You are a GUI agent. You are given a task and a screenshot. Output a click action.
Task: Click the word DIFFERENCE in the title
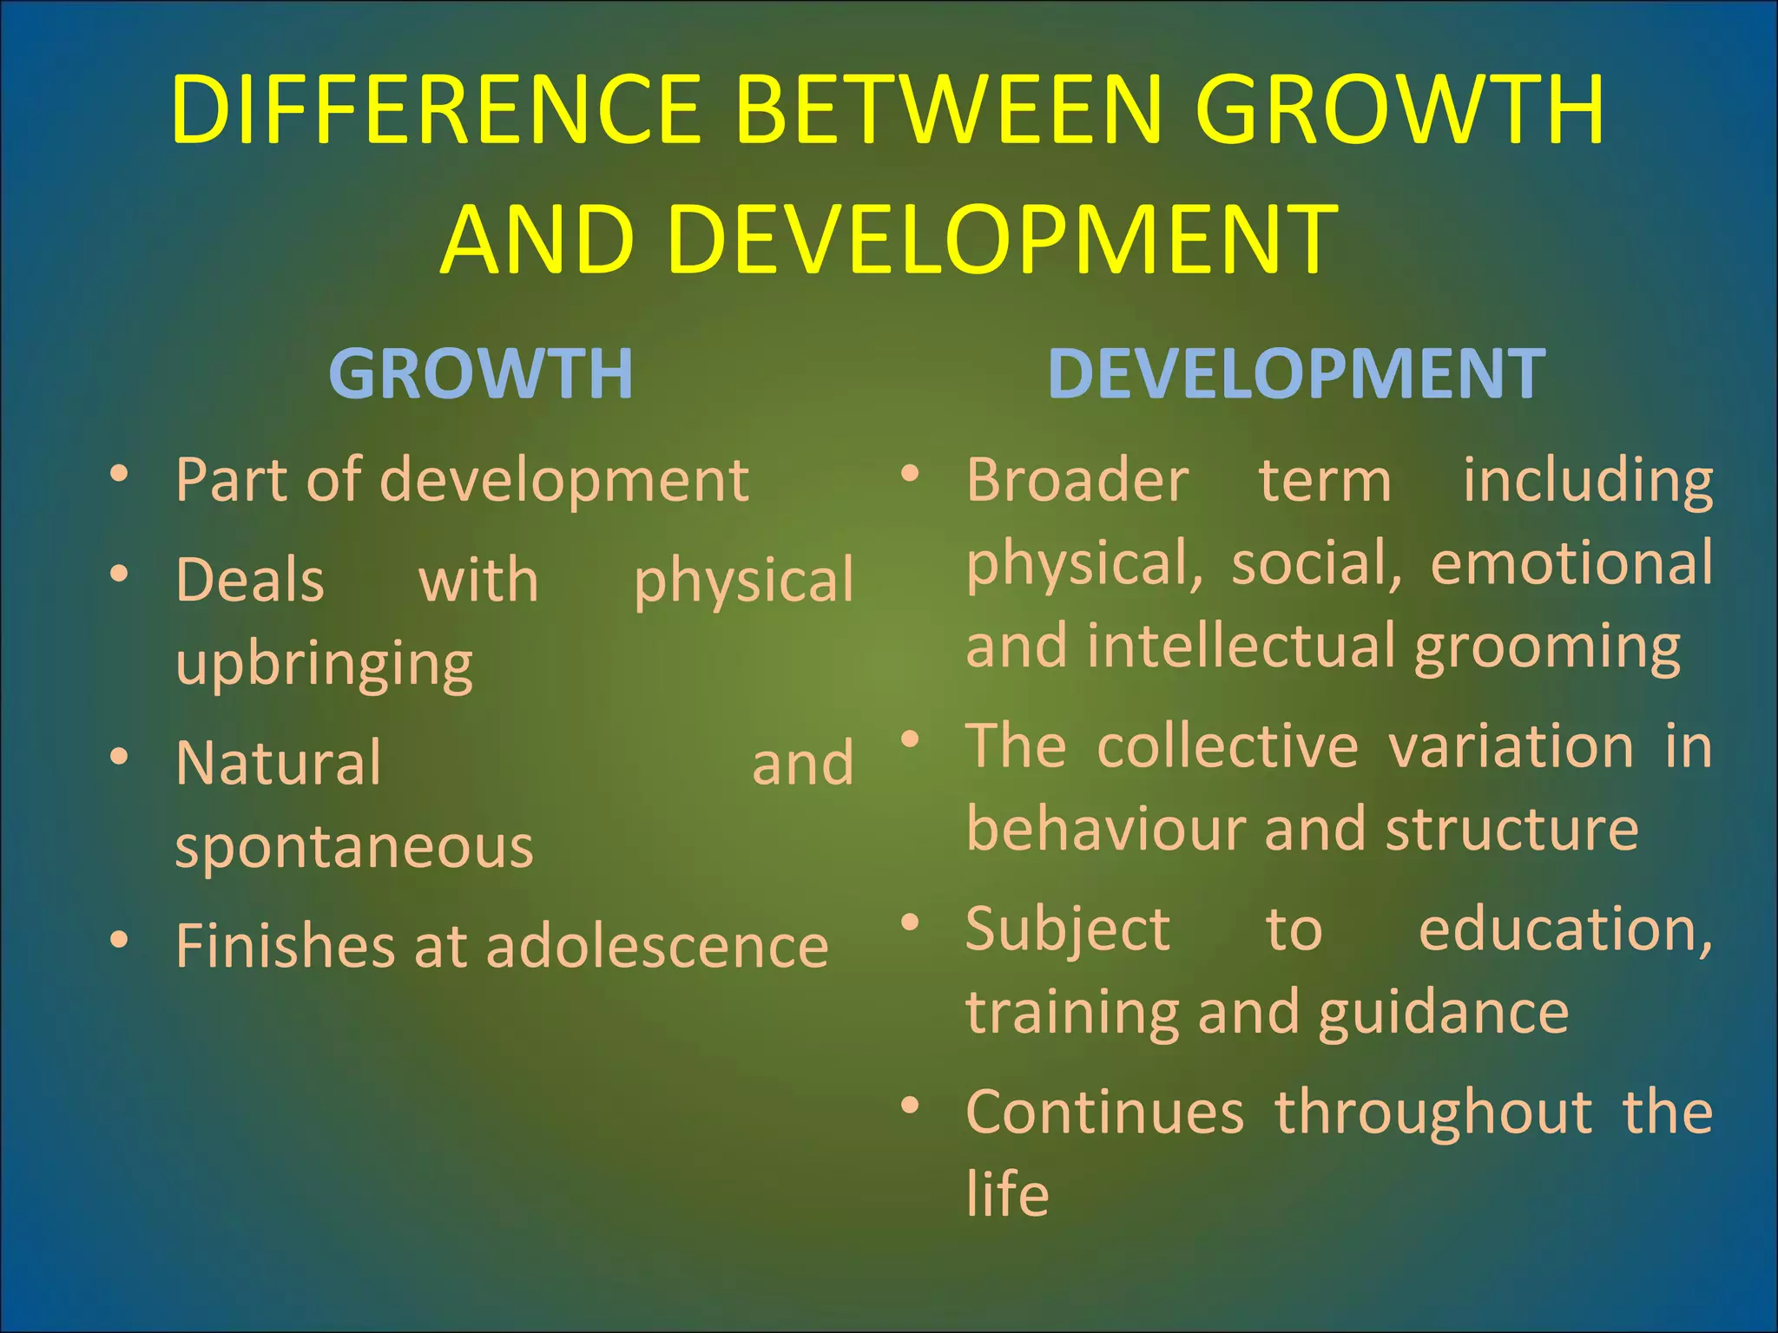[x=437, y=110]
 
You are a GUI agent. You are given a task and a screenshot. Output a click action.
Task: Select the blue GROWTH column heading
[x=481, y=374]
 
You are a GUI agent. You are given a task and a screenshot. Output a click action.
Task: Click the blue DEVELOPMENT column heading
[x=1296, y=374]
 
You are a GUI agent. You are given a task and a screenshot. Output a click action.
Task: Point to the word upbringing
[x=324, y=665]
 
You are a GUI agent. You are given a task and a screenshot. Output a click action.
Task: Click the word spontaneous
[x=354, y=847]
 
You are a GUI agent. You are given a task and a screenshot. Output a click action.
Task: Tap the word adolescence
[x=657, y=945]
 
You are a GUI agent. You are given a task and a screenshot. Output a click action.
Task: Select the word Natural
[x=278, y=763]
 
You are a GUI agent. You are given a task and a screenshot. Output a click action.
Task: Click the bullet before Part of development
[x=119, y=475]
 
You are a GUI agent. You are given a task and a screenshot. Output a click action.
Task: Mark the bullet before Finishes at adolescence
[x=119, y=940]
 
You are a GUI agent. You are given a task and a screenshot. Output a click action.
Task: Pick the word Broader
[x=1077, y=480]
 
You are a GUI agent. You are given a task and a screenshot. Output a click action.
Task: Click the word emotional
[x=1571, y=563]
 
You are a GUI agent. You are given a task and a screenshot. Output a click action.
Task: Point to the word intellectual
[x=1243, y=647]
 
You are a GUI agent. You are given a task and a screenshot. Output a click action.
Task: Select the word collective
[x=1228, y=745]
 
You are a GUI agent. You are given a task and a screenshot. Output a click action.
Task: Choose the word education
[x=1564, y=929]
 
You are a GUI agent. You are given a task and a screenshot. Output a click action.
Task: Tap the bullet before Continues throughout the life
[x=910, y=1106]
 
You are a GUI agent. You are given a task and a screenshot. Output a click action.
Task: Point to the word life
[x=1007, y=1194]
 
